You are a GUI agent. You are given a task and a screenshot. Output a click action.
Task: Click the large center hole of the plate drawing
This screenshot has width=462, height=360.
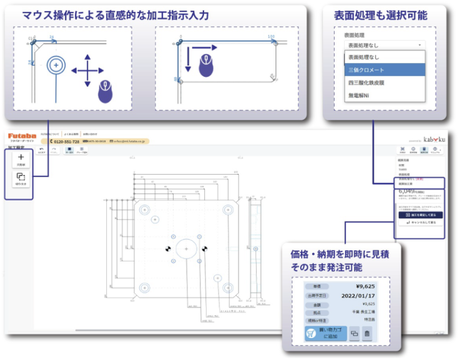186,248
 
